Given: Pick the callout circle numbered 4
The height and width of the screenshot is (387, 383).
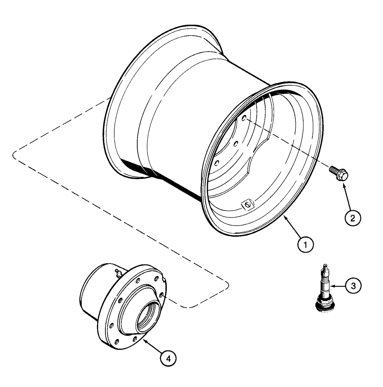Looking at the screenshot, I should click(x=168, y=358).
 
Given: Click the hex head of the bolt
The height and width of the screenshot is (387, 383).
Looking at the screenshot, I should click(x=343, y=176).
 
